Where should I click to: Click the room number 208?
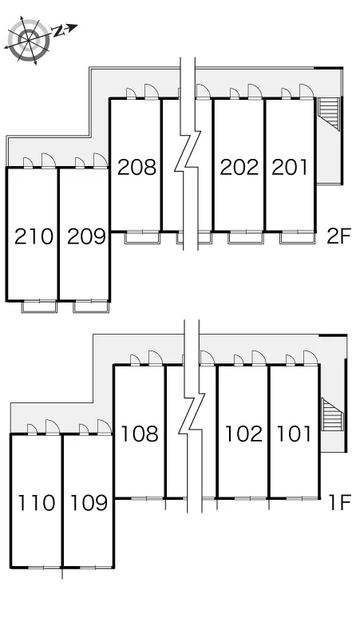pos(136,167)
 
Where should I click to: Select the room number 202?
pos(239,167)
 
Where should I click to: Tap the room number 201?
pos(290,167)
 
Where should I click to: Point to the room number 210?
pos(34,236)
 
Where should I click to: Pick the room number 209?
pos(87,236)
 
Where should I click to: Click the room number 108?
pos(140,434)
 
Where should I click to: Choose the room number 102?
pos(243,434)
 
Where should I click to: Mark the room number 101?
pos(294,434)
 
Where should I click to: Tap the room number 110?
pos(37,503)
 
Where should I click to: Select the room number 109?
pos(89,503)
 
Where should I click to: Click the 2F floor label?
pos(338,236)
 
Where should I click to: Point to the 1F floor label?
pos(339,502)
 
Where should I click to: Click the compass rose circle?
pos(30,39)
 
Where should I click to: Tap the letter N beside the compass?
pos(59,31)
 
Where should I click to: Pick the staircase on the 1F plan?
pos(332,414)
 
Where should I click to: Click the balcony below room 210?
pos(39,307)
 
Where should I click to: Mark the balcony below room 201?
pos(298,238)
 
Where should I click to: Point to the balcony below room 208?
pos(142,238)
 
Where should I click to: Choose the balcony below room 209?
pos(90,307)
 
